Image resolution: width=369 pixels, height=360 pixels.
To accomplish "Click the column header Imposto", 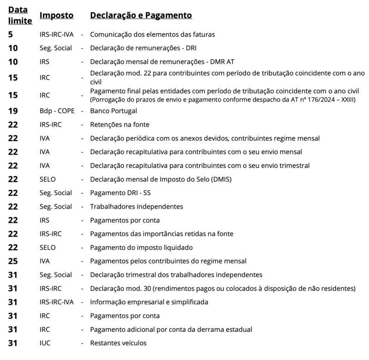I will coord(56,15).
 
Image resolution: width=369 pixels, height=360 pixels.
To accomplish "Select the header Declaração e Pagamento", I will coord(141,15).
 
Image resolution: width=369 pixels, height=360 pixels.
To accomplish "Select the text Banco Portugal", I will coord(113,111).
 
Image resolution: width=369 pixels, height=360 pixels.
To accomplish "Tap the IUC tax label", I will coord(46,343).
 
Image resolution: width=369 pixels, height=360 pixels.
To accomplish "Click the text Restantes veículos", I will coord(118,343).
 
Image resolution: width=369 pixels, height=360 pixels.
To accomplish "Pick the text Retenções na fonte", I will coord(120,125).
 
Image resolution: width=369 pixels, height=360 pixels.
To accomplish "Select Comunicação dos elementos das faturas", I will coord(152,34).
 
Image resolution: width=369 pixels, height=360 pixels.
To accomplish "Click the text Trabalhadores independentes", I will coord(137,206).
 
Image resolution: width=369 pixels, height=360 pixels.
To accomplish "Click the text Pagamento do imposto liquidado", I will coord(141,247).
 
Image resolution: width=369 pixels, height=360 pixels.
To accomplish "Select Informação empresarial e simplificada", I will coord(149,302).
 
